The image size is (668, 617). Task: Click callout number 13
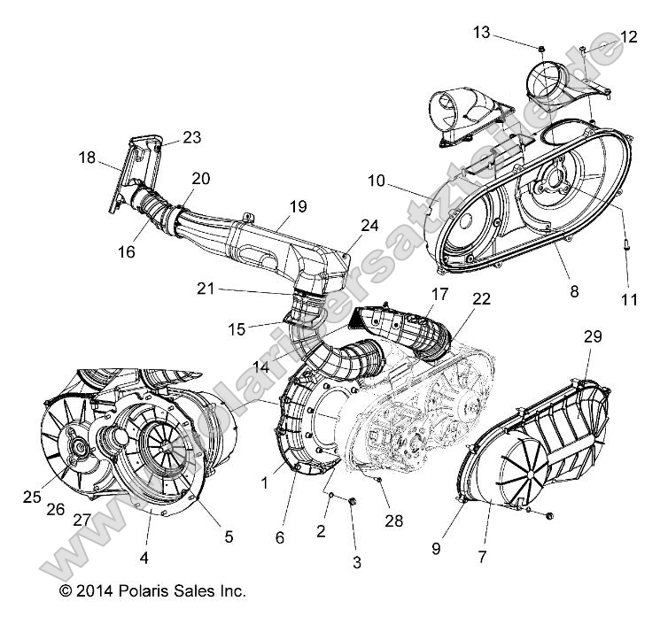pyautogui.click(x=481, y=32)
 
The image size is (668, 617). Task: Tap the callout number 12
pyautogui.click(x=628, y=36)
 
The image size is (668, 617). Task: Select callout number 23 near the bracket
pyautogui.click(x=192, y=137)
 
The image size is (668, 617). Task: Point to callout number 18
pyautogui.click(x=86, y=158)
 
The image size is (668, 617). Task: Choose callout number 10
pyautogui.click(x=375, y=181)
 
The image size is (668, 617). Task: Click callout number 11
pyautogui.click(x=629, y=300)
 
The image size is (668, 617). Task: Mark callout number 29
pyautogui.click(x=593, y=335)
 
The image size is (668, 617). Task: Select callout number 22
pyautogui.click(x=456, y=300)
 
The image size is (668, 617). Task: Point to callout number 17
pyautogui.click(x=414, y=293)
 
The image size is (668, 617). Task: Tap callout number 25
pyautogui.click(x=32, y=497)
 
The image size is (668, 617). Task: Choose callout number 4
pyautogui.click(x=144, y=558)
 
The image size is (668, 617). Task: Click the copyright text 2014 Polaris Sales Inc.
pyautogui.click(x=152, y=590)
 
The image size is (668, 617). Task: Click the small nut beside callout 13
pyautogui.click(x=540, y=44)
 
